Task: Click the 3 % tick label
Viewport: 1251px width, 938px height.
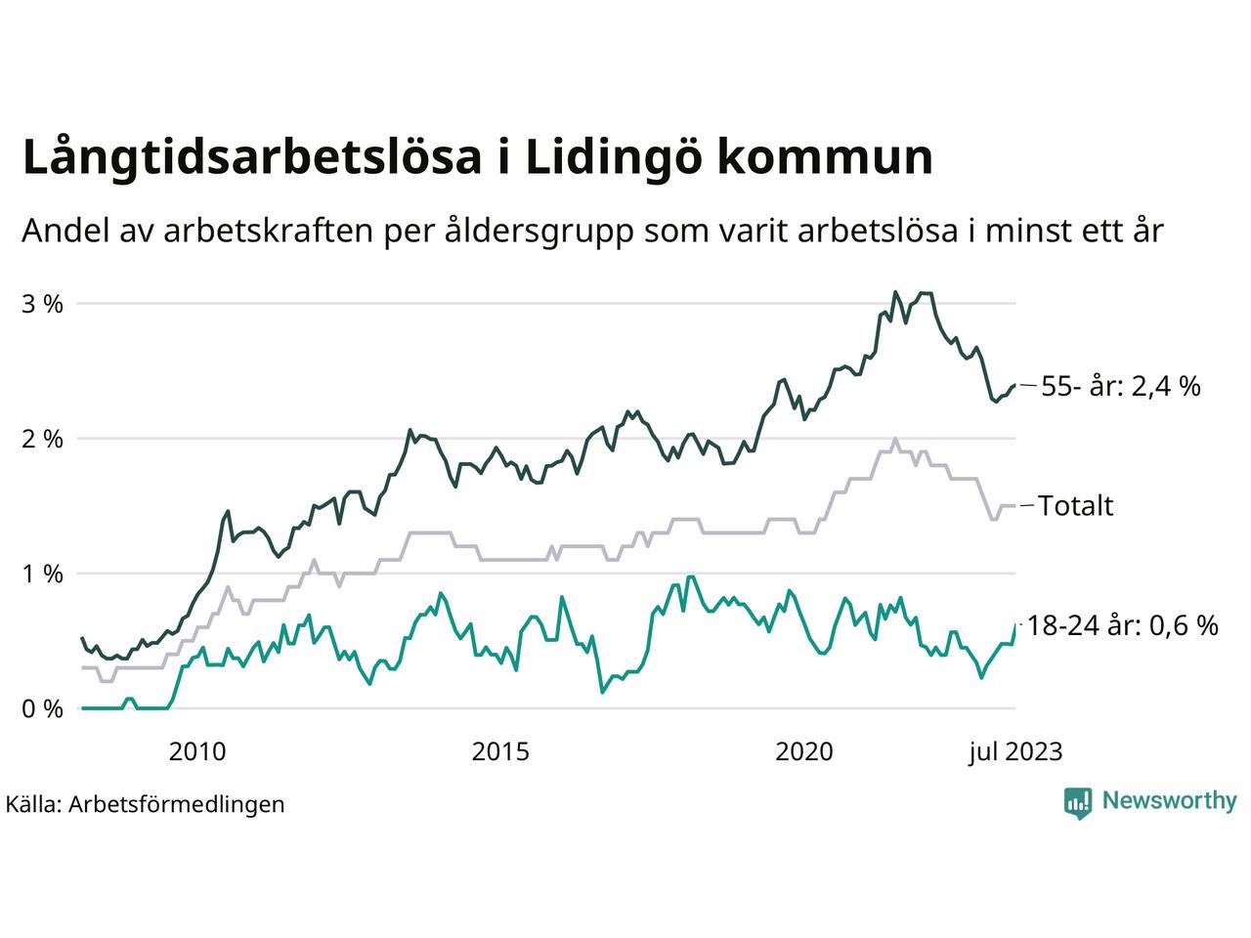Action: [x=42, y=304]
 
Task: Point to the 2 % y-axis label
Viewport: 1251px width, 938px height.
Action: [x=42, y=439]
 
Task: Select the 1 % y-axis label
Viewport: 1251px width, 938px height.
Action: [x=42, y=574]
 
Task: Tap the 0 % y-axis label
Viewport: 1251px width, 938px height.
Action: [x=42, y=708]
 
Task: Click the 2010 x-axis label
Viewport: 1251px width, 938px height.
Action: [x=196, y=751]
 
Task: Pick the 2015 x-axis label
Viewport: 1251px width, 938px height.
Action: [x=500, y=751]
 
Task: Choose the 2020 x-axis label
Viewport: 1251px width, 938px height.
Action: [x=803, y=751]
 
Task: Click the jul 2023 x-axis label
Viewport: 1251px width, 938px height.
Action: [x=1015, y=751]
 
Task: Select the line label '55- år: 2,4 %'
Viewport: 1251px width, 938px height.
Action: [x=1120, y=386]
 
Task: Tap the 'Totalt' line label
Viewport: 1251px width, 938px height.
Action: [x=1075, y=506]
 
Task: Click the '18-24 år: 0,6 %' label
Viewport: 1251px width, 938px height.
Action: [x=1123, y=625]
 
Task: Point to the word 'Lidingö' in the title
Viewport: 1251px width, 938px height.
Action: [x=611, y=158]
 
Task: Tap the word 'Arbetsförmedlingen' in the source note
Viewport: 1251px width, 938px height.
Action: [x=177, y=804]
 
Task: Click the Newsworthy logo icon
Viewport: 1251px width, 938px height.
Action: [x=1077, y=802]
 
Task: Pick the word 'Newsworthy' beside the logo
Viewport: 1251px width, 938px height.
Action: [x=1169, y=801]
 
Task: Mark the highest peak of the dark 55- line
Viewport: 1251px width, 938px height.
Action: [x=894, y=291]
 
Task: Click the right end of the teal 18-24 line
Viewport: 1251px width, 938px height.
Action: [x=1015, y=625]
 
